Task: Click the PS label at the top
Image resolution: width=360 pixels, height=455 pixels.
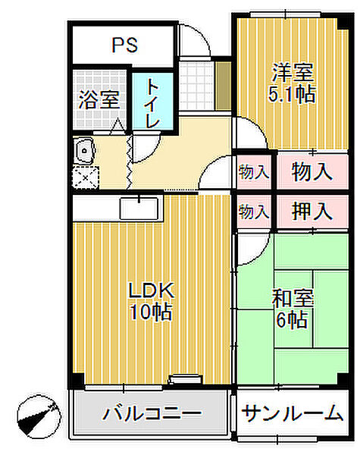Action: click(x=125, y=45)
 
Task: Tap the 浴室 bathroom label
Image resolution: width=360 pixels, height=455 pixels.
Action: click(x=99, y=99)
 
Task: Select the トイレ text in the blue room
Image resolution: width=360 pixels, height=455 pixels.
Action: click(x=153, y=103)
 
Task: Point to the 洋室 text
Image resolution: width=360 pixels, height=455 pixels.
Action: click(x=293, y=74)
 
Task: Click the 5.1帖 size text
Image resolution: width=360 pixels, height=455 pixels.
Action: click(x=293, y=95)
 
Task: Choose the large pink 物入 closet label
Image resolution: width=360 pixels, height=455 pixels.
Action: click(x=311, y=171)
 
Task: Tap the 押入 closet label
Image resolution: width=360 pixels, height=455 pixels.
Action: click(x=311, y=212)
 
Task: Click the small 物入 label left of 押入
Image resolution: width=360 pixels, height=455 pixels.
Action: click(x=253, y=212)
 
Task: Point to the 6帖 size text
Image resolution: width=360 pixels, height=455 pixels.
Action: click(x=292, y=320)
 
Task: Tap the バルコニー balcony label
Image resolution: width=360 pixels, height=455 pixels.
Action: click(x=152, y=415)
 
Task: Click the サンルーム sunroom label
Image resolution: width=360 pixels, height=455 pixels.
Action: click(x=293, y=413)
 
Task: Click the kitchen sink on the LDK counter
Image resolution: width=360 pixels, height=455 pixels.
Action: click(x=139, y=207)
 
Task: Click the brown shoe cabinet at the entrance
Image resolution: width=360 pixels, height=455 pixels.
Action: click(x=223, y=78)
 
